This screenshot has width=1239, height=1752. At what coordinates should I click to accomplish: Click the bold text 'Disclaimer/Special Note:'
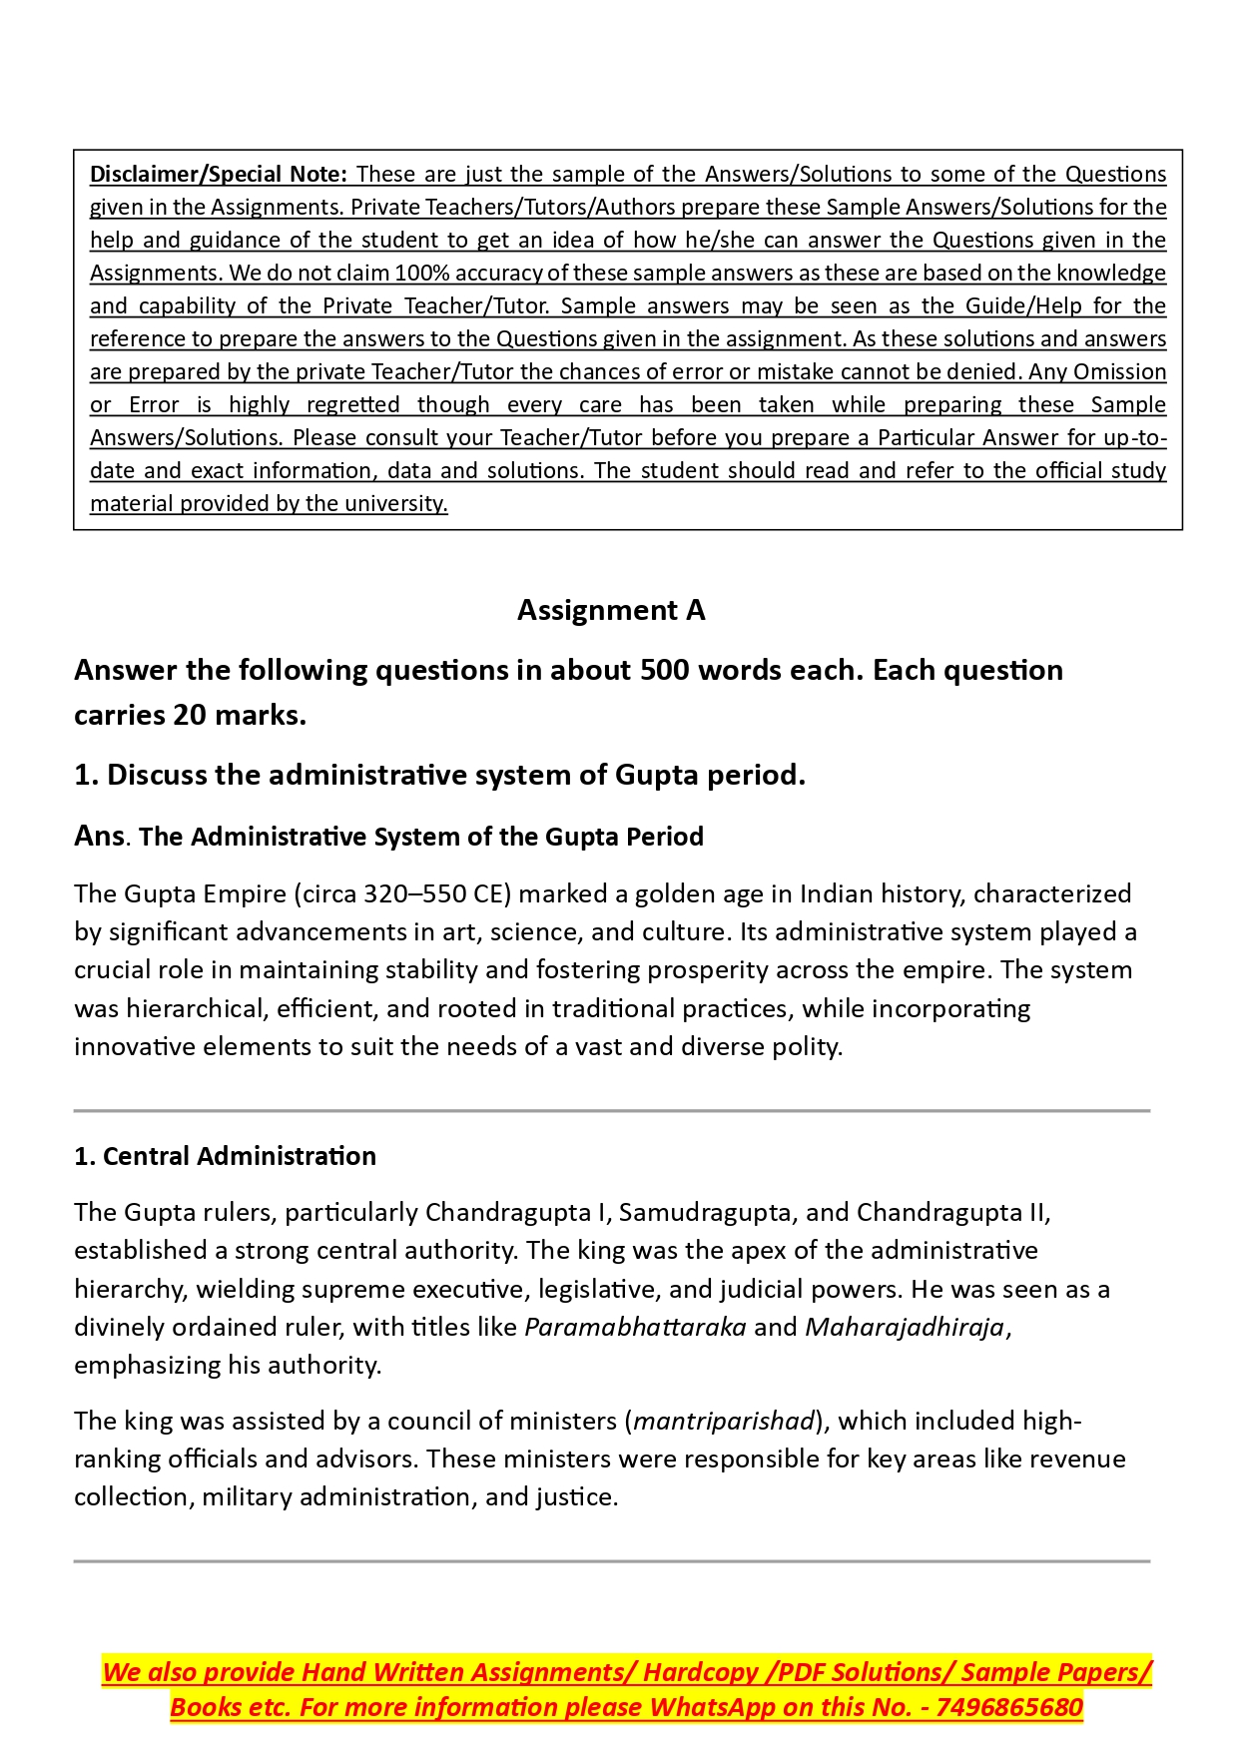coord(218,175)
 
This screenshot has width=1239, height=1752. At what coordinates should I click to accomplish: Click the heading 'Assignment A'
coord(611,610)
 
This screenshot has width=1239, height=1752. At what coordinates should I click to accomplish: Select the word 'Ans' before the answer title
coord(99,836)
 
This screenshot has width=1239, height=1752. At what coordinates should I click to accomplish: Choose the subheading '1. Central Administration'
coord(225,1156)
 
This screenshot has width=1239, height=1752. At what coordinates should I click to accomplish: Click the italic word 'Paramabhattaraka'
coord(635,1327)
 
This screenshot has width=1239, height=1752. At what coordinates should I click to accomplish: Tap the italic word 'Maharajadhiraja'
coord(905,1327)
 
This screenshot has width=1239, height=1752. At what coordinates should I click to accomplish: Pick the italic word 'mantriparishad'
coord(724,1421)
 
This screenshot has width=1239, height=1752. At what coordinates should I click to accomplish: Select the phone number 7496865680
coord(1009,1707)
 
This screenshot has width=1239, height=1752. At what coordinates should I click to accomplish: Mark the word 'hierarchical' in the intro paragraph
coord(196,1008)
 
